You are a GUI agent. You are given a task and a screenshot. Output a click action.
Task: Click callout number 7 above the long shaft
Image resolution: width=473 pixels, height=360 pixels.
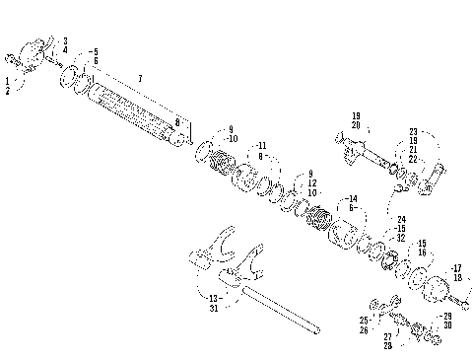pyautogui.click(x=140, y=77)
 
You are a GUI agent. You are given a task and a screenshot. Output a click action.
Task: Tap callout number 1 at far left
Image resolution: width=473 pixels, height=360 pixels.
pyautogui.click(x=8, y=78)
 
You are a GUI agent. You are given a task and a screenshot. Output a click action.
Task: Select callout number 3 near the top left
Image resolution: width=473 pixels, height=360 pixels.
pyautogui.click(x=65, y=40)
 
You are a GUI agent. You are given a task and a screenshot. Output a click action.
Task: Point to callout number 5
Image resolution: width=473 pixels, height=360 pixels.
pyautogui.click(x=94, y=50)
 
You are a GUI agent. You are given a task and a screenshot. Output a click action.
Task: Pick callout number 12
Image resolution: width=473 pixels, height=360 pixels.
pyautogui.click(x=311, y=182)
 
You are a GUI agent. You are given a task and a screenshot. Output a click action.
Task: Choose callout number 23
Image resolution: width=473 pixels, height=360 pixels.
pyautogui.click(x=413, y=130)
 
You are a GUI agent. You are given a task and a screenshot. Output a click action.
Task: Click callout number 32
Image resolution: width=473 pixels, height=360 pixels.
pyautogui.click(x=400, y=238)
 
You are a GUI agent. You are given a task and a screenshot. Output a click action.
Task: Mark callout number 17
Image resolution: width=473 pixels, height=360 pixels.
pyautogui.click(x=456, y=267)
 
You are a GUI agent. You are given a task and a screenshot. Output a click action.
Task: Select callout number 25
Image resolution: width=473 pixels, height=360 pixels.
pyautogui.click(x=364, y=321)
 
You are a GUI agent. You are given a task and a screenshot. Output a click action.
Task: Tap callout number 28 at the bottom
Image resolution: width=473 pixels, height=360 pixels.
pyautogui.click(x=387, y=346)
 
